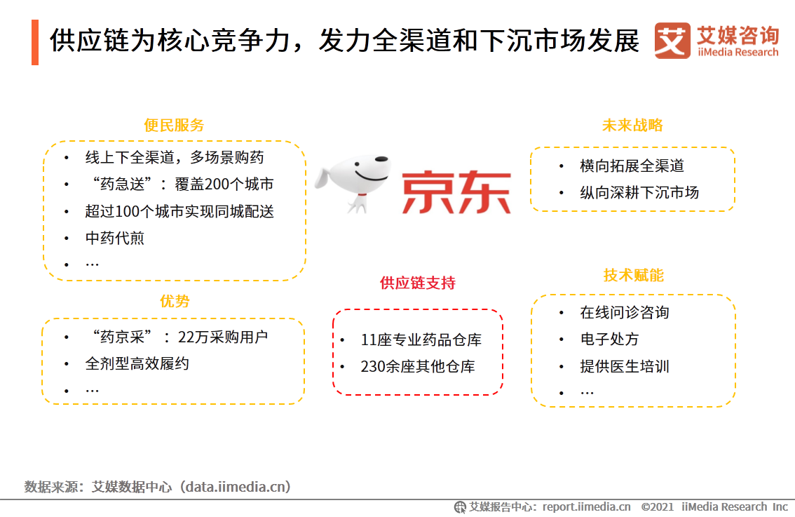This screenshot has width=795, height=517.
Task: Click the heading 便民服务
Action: (x=174, y=126)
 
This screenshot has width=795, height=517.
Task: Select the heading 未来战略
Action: (x=632, y=126)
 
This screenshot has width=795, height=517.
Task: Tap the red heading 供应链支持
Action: (x=417, y=283)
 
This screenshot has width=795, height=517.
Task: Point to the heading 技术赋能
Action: (x=633, y=275)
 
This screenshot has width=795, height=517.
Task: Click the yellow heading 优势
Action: (x=174, y=301)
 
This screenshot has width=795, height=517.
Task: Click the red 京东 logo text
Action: (x=456, y=191)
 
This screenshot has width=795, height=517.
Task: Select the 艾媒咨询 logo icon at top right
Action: (x=672, y=41)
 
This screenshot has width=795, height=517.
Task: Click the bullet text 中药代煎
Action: (x=115, y=238)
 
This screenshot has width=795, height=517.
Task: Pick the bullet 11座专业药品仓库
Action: (x=421, y=340)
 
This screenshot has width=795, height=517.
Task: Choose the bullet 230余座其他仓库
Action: (x=418, y=367)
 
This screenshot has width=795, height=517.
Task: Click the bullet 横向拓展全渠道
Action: (x=632, y=166)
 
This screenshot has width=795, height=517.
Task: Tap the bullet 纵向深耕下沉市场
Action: (x=639, y=193)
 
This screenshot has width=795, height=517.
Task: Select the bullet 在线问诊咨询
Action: (x=624, y=313)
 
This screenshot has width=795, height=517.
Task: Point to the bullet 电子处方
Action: (x=609, y=340)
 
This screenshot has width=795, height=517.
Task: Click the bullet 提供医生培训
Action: (x=624, y=366)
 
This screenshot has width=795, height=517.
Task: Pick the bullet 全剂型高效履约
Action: (x=137, y=363)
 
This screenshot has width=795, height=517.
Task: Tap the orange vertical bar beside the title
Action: (x=35, y=43)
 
